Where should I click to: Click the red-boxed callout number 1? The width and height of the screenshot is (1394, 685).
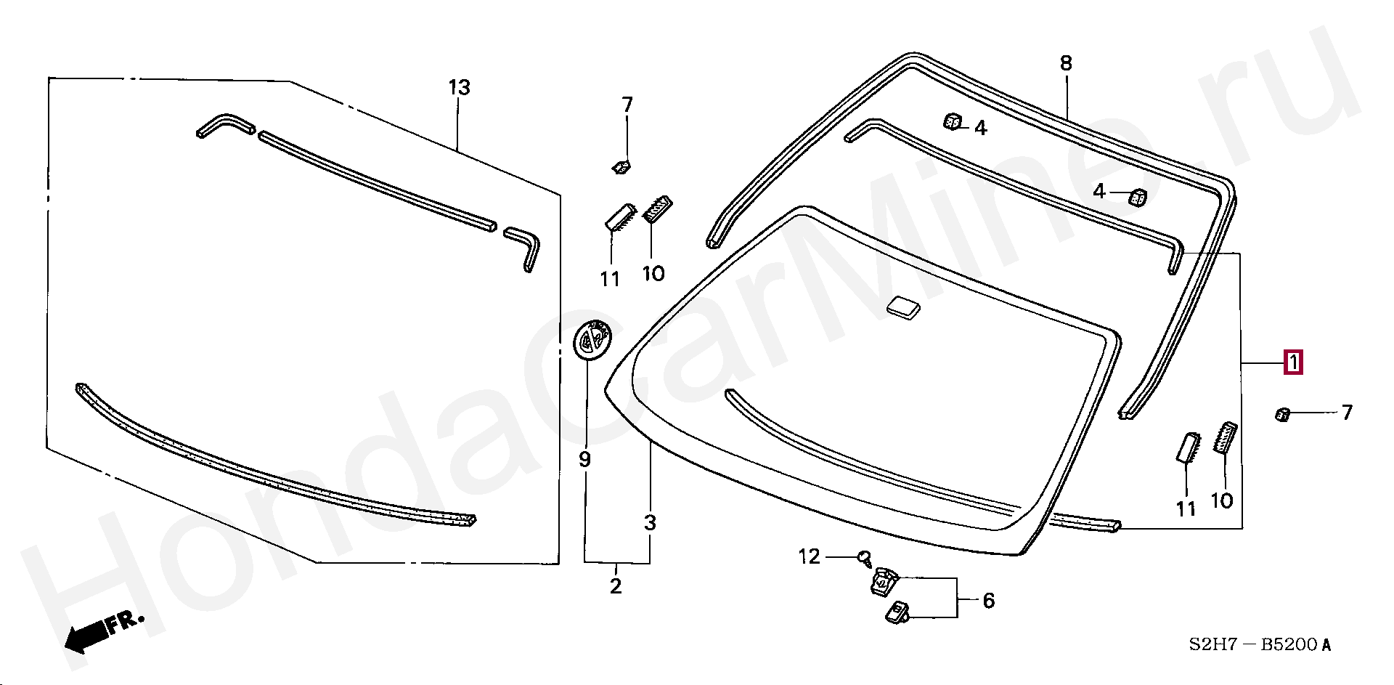1293,362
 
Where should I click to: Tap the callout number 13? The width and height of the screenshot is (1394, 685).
459,88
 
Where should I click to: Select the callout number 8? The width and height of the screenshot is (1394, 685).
1066,64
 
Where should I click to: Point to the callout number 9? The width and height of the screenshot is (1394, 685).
585,460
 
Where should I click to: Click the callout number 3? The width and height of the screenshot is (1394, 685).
650,522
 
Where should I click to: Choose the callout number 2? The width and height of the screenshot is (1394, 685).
616,586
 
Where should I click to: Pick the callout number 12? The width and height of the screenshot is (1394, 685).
810,556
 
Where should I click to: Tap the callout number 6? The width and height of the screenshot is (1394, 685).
988,601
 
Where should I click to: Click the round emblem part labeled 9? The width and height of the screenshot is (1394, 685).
592,339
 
